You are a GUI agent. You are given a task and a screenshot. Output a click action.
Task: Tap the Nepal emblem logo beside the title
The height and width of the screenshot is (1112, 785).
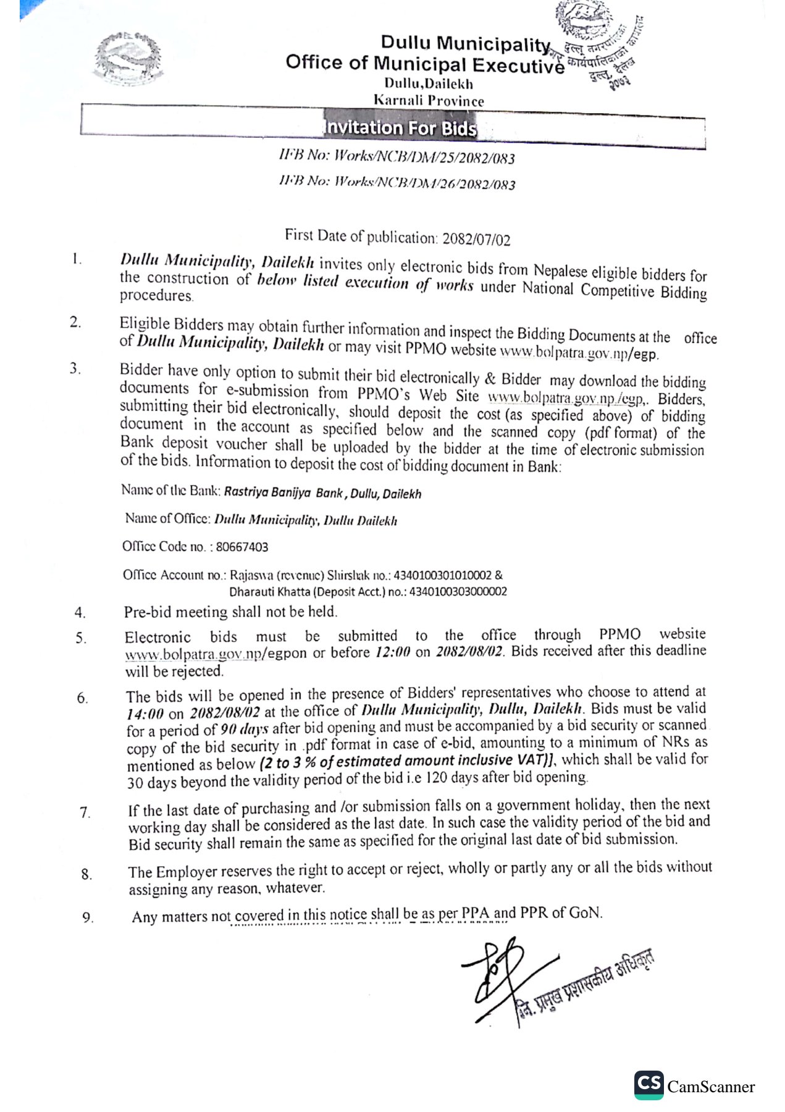point(130,60)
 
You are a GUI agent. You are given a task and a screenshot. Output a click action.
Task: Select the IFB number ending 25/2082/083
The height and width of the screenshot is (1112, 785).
point(397,157)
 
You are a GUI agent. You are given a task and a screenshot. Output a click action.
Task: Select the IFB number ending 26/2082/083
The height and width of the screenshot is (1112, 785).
point(397,183)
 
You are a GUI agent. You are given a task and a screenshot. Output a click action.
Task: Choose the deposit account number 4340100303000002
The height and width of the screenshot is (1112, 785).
point(454,591)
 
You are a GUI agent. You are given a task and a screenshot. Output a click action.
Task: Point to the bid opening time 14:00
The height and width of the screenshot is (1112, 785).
point(145,714)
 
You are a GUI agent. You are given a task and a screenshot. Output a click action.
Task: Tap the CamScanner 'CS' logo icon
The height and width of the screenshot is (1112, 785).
point(649,1085)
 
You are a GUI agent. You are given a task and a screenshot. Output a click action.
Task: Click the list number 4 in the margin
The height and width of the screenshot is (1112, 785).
point(80,613)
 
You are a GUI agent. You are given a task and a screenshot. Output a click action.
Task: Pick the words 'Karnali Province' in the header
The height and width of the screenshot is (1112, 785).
point(429,100)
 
